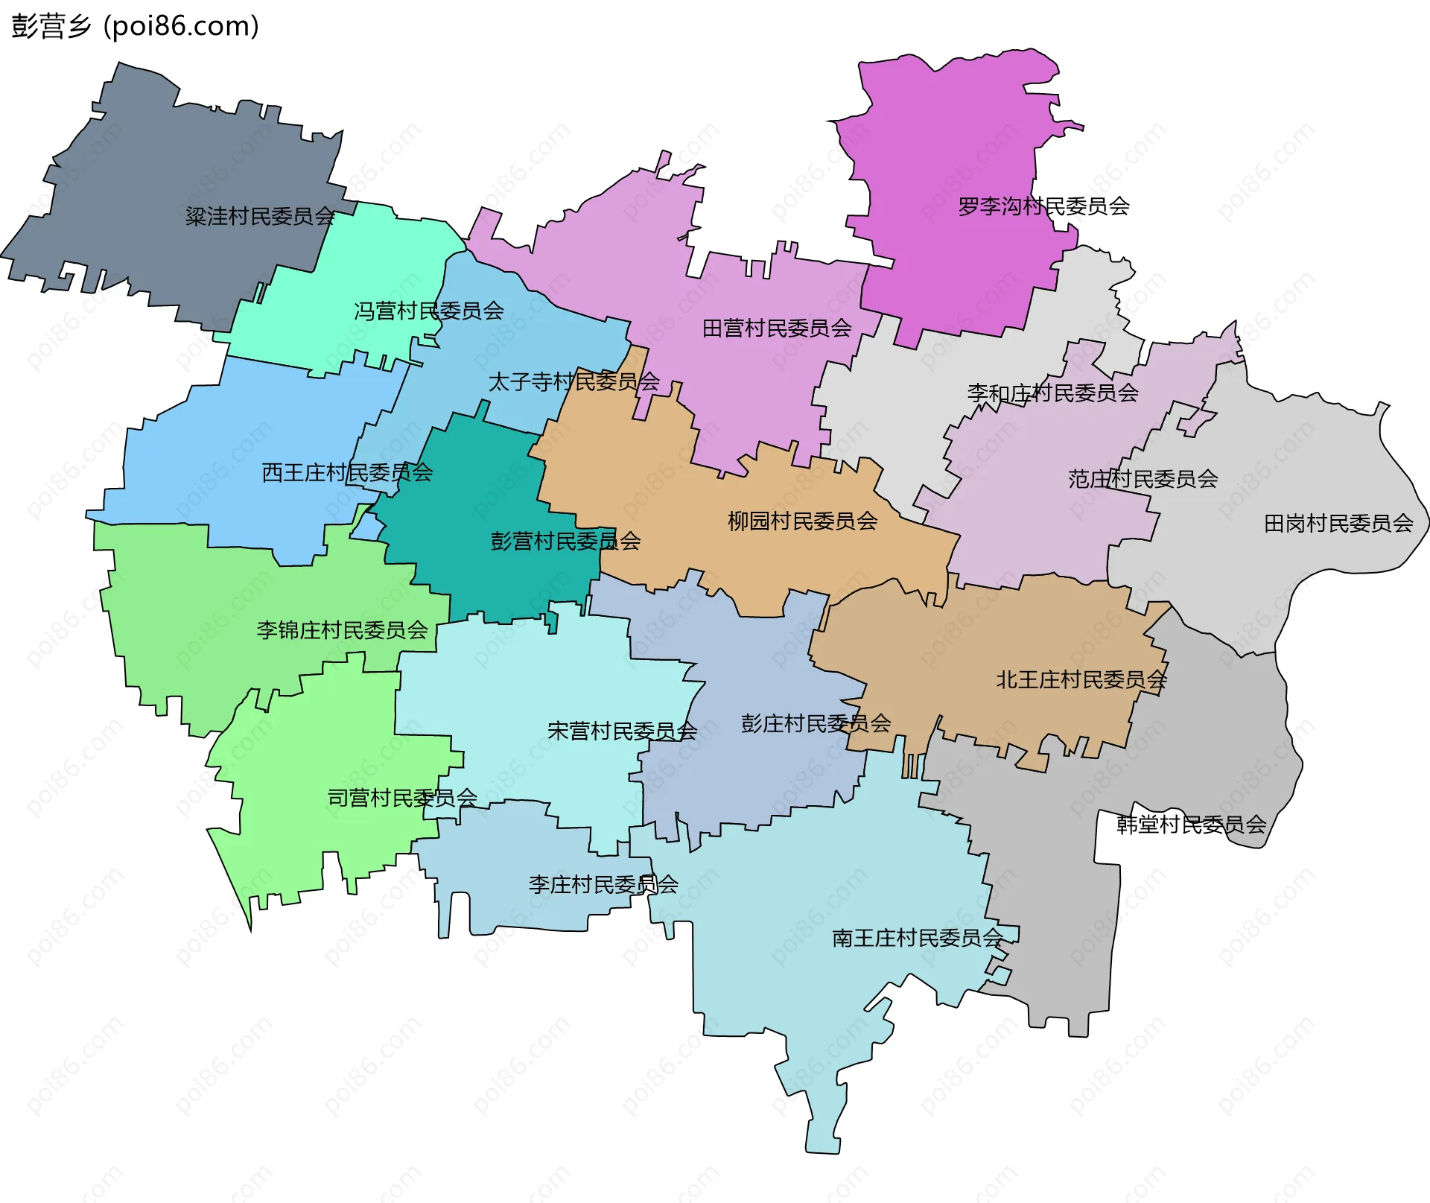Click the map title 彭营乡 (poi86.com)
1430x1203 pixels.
tap(135, 26)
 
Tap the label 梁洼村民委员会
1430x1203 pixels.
tap(260, 217)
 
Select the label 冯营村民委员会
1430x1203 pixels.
tap(429, 311)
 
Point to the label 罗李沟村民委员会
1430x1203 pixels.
tap(1043, 206)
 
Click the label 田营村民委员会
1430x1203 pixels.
tap(777, 328)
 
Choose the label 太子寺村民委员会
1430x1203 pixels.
tap(573, 381)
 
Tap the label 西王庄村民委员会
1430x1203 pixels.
tap(347, 472)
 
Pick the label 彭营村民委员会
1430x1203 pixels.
tap(565, 541)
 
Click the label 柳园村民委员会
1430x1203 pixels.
tap(802, 521)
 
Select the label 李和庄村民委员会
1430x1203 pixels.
tap(1052, 393)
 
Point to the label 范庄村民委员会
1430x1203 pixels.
tap(1143, 478)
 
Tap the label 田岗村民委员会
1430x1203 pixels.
tap(1338, 524)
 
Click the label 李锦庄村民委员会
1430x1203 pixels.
tap(342, 630)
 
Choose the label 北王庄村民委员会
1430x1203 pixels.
tap(1081, 679)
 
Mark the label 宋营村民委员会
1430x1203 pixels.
tap(622, 731)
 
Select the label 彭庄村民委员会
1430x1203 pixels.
tap(816, 723)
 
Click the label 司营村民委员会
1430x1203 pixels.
tap(402, 798)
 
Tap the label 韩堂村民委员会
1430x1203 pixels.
tap(1191, 824)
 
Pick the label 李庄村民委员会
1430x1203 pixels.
tap(603, 884)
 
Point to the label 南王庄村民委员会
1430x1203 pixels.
tap(918, 938)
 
